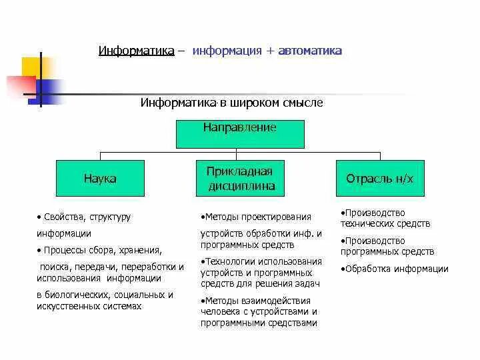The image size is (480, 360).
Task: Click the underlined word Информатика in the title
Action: [137, 51]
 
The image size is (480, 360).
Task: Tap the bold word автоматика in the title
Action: [310, 51]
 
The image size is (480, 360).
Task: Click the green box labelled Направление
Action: [240, 133]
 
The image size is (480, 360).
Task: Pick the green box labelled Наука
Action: [100, 179]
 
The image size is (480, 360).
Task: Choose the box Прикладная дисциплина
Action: [240, 178]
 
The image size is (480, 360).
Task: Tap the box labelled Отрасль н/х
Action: [379, 179]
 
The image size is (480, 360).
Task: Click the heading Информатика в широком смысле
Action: [231, 103]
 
